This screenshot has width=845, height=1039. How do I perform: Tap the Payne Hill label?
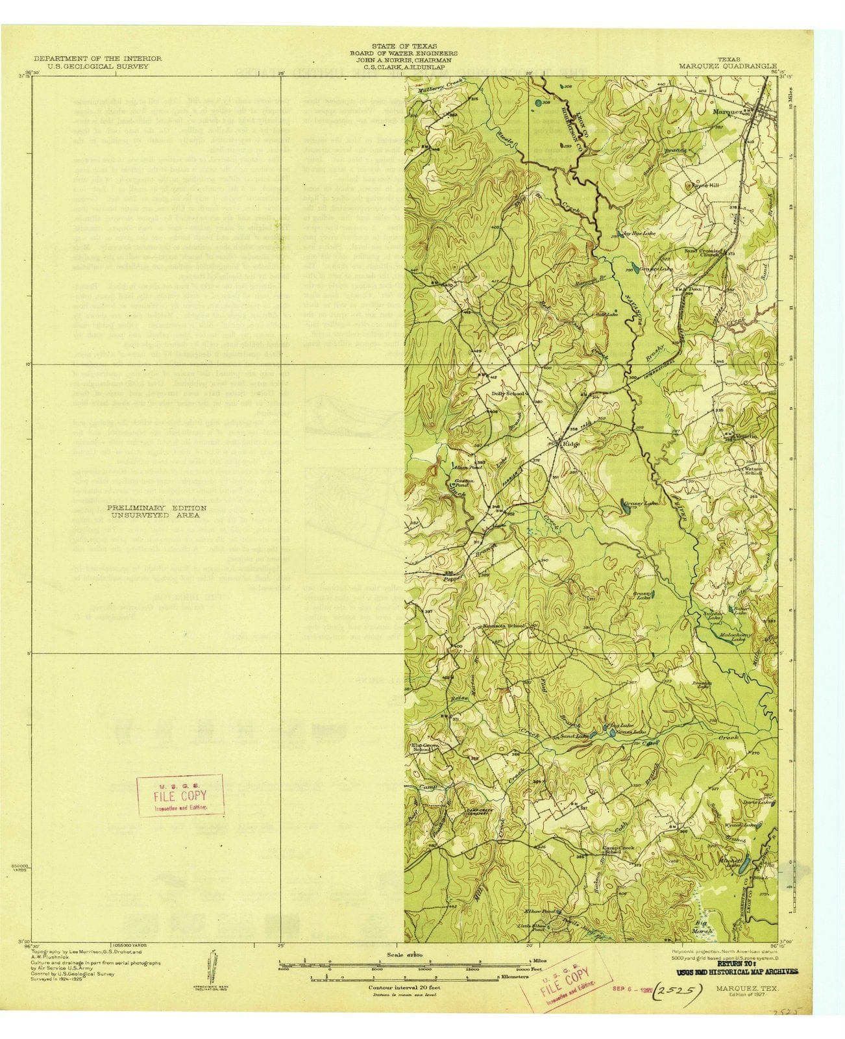(699, 185)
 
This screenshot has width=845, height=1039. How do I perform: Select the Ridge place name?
(570, 445)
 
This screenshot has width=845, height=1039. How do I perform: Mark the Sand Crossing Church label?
(702, 253)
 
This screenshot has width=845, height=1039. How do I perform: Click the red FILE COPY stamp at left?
(180, 795)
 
